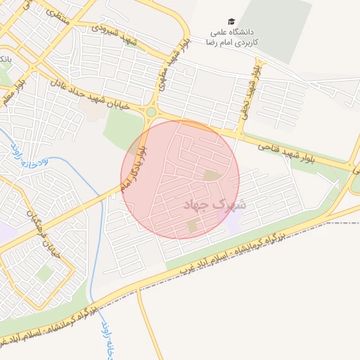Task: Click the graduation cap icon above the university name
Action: (232, 22)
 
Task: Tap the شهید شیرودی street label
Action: (112, 30)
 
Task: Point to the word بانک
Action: (5, 57)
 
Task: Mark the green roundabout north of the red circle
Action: (151, 111)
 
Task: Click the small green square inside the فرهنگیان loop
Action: (46, 273)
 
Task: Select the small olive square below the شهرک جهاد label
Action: (193, 226)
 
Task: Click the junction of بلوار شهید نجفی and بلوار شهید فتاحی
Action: (240, 134)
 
